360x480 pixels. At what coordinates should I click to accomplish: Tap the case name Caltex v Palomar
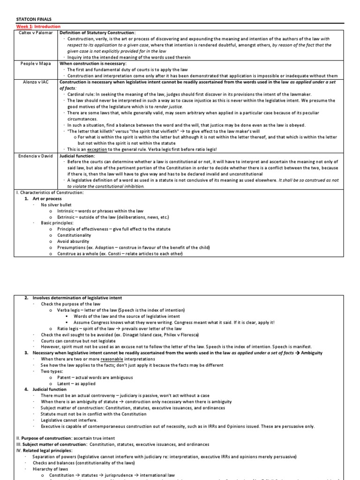click(x=37, y=33)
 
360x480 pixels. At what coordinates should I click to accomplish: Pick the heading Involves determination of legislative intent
click(x=80, y=298)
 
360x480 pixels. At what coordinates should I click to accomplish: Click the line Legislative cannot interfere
click(x=68, y=420)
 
